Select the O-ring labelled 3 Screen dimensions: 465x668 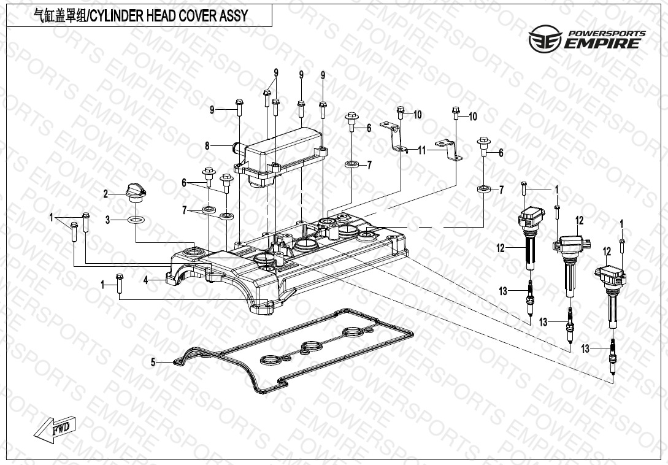pyautogui.click(x=137, y=220)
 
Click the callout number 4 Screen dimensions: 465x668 pyautogui.click(x=146, y=280)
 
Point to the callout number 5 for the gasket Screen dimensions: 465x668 pyautogui.click(x=153, y=363)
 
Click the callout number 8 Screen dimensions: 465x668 pyautogui.click(x=207, y=146)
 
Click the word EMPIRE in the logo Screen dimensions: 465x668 pyautogui.click(x=604, y=43)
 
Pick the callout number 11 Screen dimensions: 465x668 pyautogui.click(x=421, y=150)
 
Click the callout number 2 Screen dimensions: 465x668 pyautogui.click(x=106, y=194)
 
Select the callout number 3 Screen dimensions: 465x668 pyautogui.click(x=107, y=220)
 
